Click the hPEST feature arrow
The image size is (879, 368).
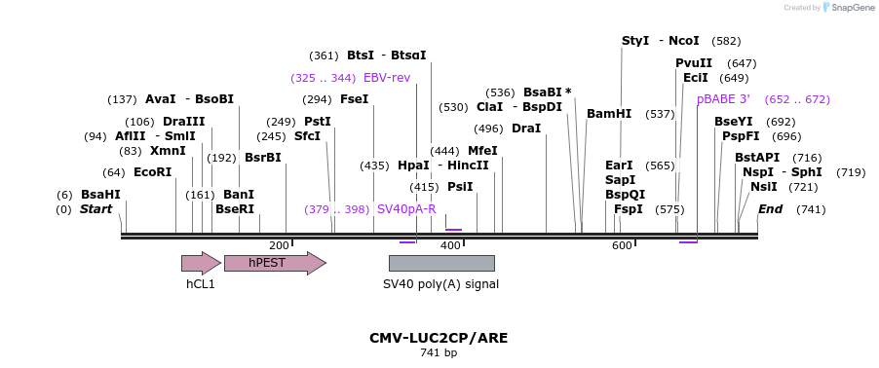[x=275, y=263]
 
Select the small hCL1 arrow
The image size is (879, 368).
[x=202, y=263]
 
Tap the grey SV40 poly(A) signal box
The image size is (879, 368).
[x=441, y=263]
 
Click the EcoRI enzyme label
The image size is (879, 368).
[x=152, y=172]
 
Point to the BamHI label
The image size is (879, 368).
[x=609, y=114]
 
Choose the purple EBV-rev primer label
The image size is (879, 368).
[x=387, y=77]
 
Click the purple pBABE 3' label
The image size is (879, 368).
[x=724, y=99]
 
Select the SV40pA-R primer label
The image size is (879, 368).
[x=406, y=209]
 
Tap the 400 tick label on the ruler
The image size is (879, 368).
[x=450, y=245]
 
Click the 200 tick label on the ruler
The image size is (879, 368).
[x=279, y=245]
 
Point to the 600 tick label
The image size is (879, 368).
[x=622, y=245]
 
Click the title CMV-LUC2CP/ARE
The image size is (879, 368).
[x=439, y=339]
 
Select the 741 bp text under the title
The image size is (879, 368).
[x=439, y=352]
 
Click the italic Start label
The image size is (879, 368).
[x=96, y=209]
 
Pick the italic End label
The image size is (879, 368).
[x=770, y=209]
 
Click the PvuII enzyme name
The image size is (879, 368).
[x=694, y=63]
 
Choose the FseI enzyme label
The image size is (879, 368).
[x=355, y=99]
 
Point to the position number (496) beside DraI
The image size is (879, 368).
[x=488, y=129]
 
